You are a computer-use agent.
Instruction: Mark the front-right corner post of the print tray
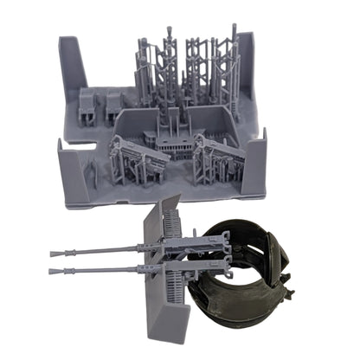[x=256, y=164]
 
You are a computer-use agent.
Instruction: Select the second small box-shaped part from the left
[x=112, y=106]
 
